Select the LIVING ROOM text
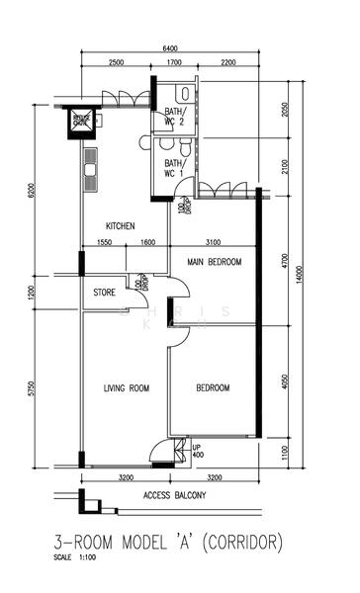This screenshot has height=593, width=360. pyautogui.click(x=126, y=388)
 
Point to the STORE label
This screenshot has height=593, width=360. pyautogui.click(x=104, y=293)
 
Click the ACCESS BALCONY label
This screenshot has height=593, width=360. pyautogui.click(x=174, y=496)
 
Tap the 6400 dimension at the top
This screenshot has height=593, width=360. pyautogui.click(x=169, y=48)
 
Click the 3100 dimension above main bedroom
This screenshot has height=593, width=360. pyautogui.click(x=212, y=243)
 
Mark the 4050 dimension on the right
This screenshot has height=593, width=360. pyautogui.click(x=286, y=380)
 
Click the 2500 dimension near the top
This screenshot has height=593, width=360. pyautogui.click(x=115, y=62)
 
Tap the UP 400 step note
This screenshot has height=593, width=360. pyautogui.click(x=198, y=451)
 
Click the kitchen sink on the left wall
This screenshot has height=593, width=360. pyautogui.click(x=90, y=169)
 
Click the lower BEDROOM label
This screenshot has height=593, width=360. pyautogui.click(x=212, y=388)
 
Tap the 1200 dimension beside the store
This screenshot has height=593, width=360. pyautogui.click(x=33, y=293)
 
